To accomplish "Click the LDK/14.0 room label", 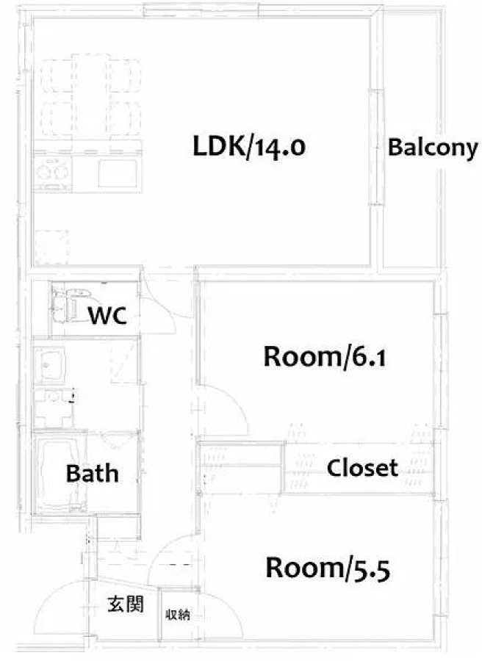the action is pos(249,147).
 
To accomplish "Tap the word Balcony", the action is pos(433,148).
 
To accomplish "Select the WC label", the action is pos(107,315).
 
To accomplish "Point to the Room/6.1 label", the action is pos(324,357).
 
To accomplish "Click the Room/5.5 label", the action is pos(328,568).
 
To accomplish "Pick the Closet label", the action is pos(362,468).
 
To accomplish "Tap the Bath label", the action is pos(92,473).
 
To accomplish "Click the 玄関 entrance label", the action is pos(125,604).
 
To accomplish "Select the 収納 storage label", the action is pos(178,615).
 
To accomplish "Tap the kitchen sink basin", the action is pos(118,173).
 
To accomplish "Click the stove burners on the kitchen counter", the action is pos(52,172).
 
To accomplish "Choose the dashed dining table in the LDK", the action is pos(90,95).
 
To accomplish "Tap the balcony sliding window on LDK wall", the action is pos(377,147).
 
